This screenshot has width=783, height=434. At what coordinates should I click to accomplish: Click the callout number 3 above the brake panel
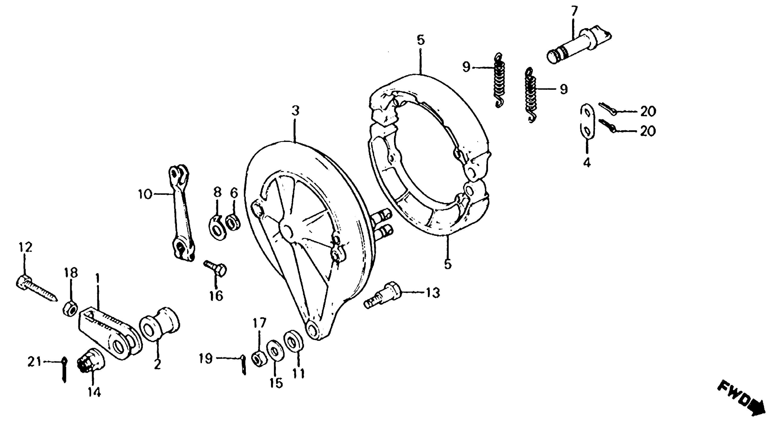[295, 111]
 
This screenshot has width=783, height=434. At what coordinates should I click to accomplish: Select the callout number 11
[299, 373]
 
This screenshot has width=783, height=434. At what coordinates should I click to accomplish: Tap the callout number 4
[587, 163]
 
